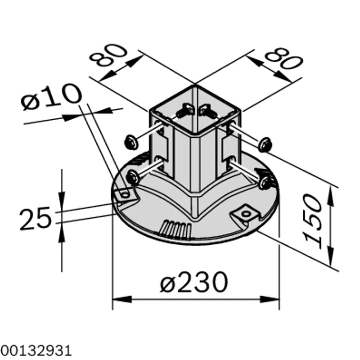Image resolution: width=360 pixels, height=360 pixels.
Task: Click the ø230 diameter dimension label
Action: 194,282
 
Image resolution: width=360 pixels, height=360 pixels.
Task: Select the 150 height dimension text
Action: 312,221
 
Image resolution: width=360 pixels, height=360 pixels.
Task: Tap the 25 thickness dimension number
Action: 36,218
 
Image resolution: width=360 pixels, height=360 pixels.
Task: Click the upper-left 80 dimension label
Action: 108,54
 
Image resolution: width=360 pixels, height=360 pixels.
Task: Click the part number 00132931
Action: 36,351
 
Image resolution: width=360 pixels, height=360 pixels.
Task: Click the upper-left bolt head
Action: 131,142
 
